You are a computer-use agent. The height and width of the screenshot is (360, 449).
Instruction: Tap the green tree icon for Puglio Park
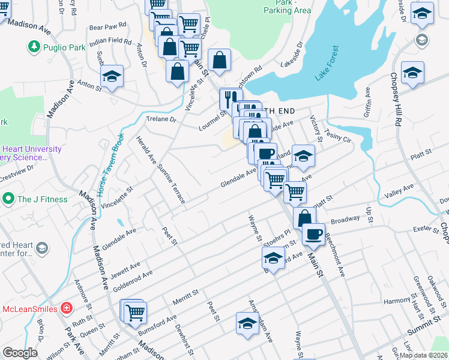click(34, 46)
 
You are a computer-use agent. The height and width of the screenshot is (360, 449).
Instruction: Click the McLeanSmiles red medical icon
click(65, 308)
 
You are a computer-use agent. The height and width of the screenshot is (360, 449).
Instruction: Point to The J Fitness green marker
click(8, 199)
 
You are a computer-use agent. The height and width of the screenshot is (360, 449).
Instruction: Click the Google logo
click(20, 353)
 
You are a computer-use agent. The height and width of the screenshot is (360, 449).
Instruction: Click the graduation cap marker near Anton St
click(112, 77)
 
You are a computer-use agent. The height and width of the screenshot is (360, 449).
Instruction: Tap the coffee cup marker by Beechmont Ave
click(313, 233)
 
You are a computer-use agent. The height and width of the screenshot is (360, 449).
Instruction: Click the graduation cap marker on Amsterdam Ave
click(247, 323)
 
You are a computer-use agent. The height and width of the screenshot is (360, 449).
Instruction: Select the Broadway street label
click(345, 219)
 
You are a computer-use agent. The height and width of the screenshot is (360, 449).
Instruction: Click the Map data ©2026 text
click(423, 355)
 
